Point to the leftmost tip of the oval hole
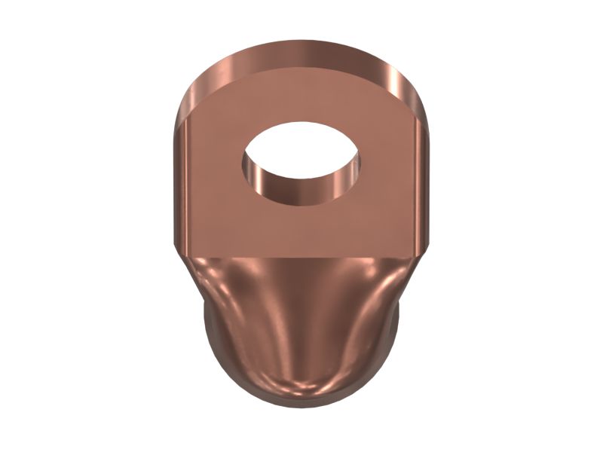(x=242, y=161)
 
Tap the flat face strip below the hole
(x=301, y=230)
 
